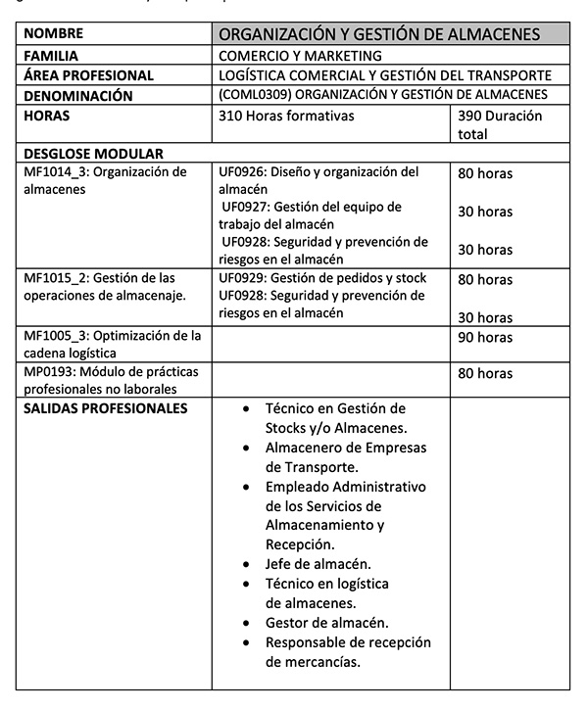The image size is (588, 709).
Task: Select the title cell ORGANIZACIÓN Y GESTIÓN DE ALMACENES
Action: (379, 35)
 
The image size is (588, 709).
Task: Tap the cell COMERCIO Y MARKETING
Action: (300, 56)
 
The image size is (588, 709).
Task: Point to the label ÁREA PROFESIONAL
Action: (89, 75)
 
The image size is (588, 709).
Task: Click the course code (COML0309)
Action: (255, 95)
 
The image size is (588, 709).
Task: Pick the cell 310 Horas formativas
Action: (286, 116)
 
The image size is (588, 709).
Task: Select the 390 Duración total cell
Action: (500, 124)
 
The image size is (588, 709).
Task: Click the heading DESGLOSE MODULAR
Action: (93, 154)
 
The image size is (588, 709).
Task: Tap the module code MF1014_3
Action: (57, 172)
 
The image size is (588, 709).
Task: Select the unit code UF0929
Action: (245, 279)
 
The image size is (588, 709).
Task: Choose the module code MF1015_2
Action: (57, 279)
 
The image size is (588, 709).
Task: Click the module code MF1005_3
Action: (57, 336)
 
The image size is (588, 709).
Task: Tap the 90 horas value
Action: (485, 337)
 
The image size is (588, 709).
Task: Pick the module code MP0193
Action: (55, 373)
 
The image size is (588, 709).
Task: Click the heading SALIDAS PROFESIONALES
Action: (105, 408)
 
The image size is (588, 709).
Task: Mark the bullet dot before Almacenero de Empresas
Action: (246, 448)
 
